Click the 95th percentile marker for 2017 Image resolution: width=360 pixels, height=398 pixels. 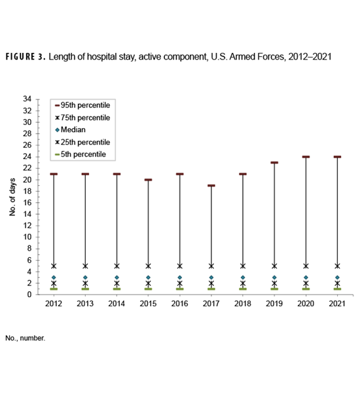(211, 185)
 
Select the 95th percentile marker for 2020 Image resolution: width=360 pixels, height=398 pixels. (306, 157)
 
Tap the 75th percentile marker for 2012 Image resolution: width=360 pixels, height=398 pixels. (54, 266)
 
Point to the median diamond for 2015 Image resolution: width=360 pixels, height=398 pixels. (148, 278)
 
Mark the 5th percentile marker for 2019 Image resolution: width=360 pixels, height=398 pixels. (274, 289)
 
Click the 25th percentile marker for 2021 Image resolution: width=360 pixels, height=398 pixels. (337, 283)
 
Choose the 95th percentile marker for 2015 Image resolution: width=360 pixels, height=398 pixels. (148, 180)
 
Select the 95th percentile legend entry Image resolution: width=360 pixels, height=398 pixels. (84, 105)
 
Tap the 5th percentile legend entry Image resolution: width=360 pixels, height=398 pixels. (82, 154)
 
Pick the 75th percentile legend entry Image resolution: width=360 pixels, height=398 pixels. (84, 117)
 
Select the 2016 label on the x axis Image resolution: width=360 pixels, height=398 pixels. (179, 304)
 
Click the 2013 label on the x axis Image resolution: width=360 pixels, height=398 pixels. (85, 304)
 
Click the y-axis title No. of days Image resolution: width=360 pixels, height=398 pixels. (14, 196)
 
